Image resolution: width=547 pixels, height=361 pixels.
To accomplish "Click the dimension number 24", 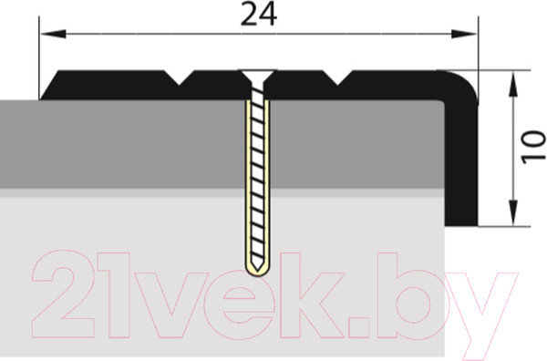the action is click(x=259, y=14).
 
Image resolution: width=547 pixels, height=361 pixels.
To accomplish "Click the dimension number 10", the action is click(x=533, y=147).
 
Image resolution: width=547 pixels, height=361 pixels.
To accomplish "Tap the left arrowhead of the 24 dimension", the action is click(x=53, y=34).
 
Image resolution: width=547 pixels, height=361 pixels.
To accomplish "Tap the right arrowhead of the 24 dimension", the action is click(x=464, y=34).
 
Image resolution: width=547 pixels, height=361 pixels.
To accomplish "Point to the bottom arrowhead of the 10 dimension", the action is click(x=512, y=212).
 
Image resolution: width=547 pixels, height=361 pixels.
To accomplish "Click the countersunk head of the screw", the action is click(x=258, y=76).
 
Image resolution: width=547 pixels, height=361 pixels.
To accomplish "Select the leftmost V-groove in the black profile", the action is click(x=179, y=77).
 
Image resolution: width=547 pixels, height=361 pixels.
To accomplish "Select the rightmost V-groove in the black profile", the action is click(x=337, y=77).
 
